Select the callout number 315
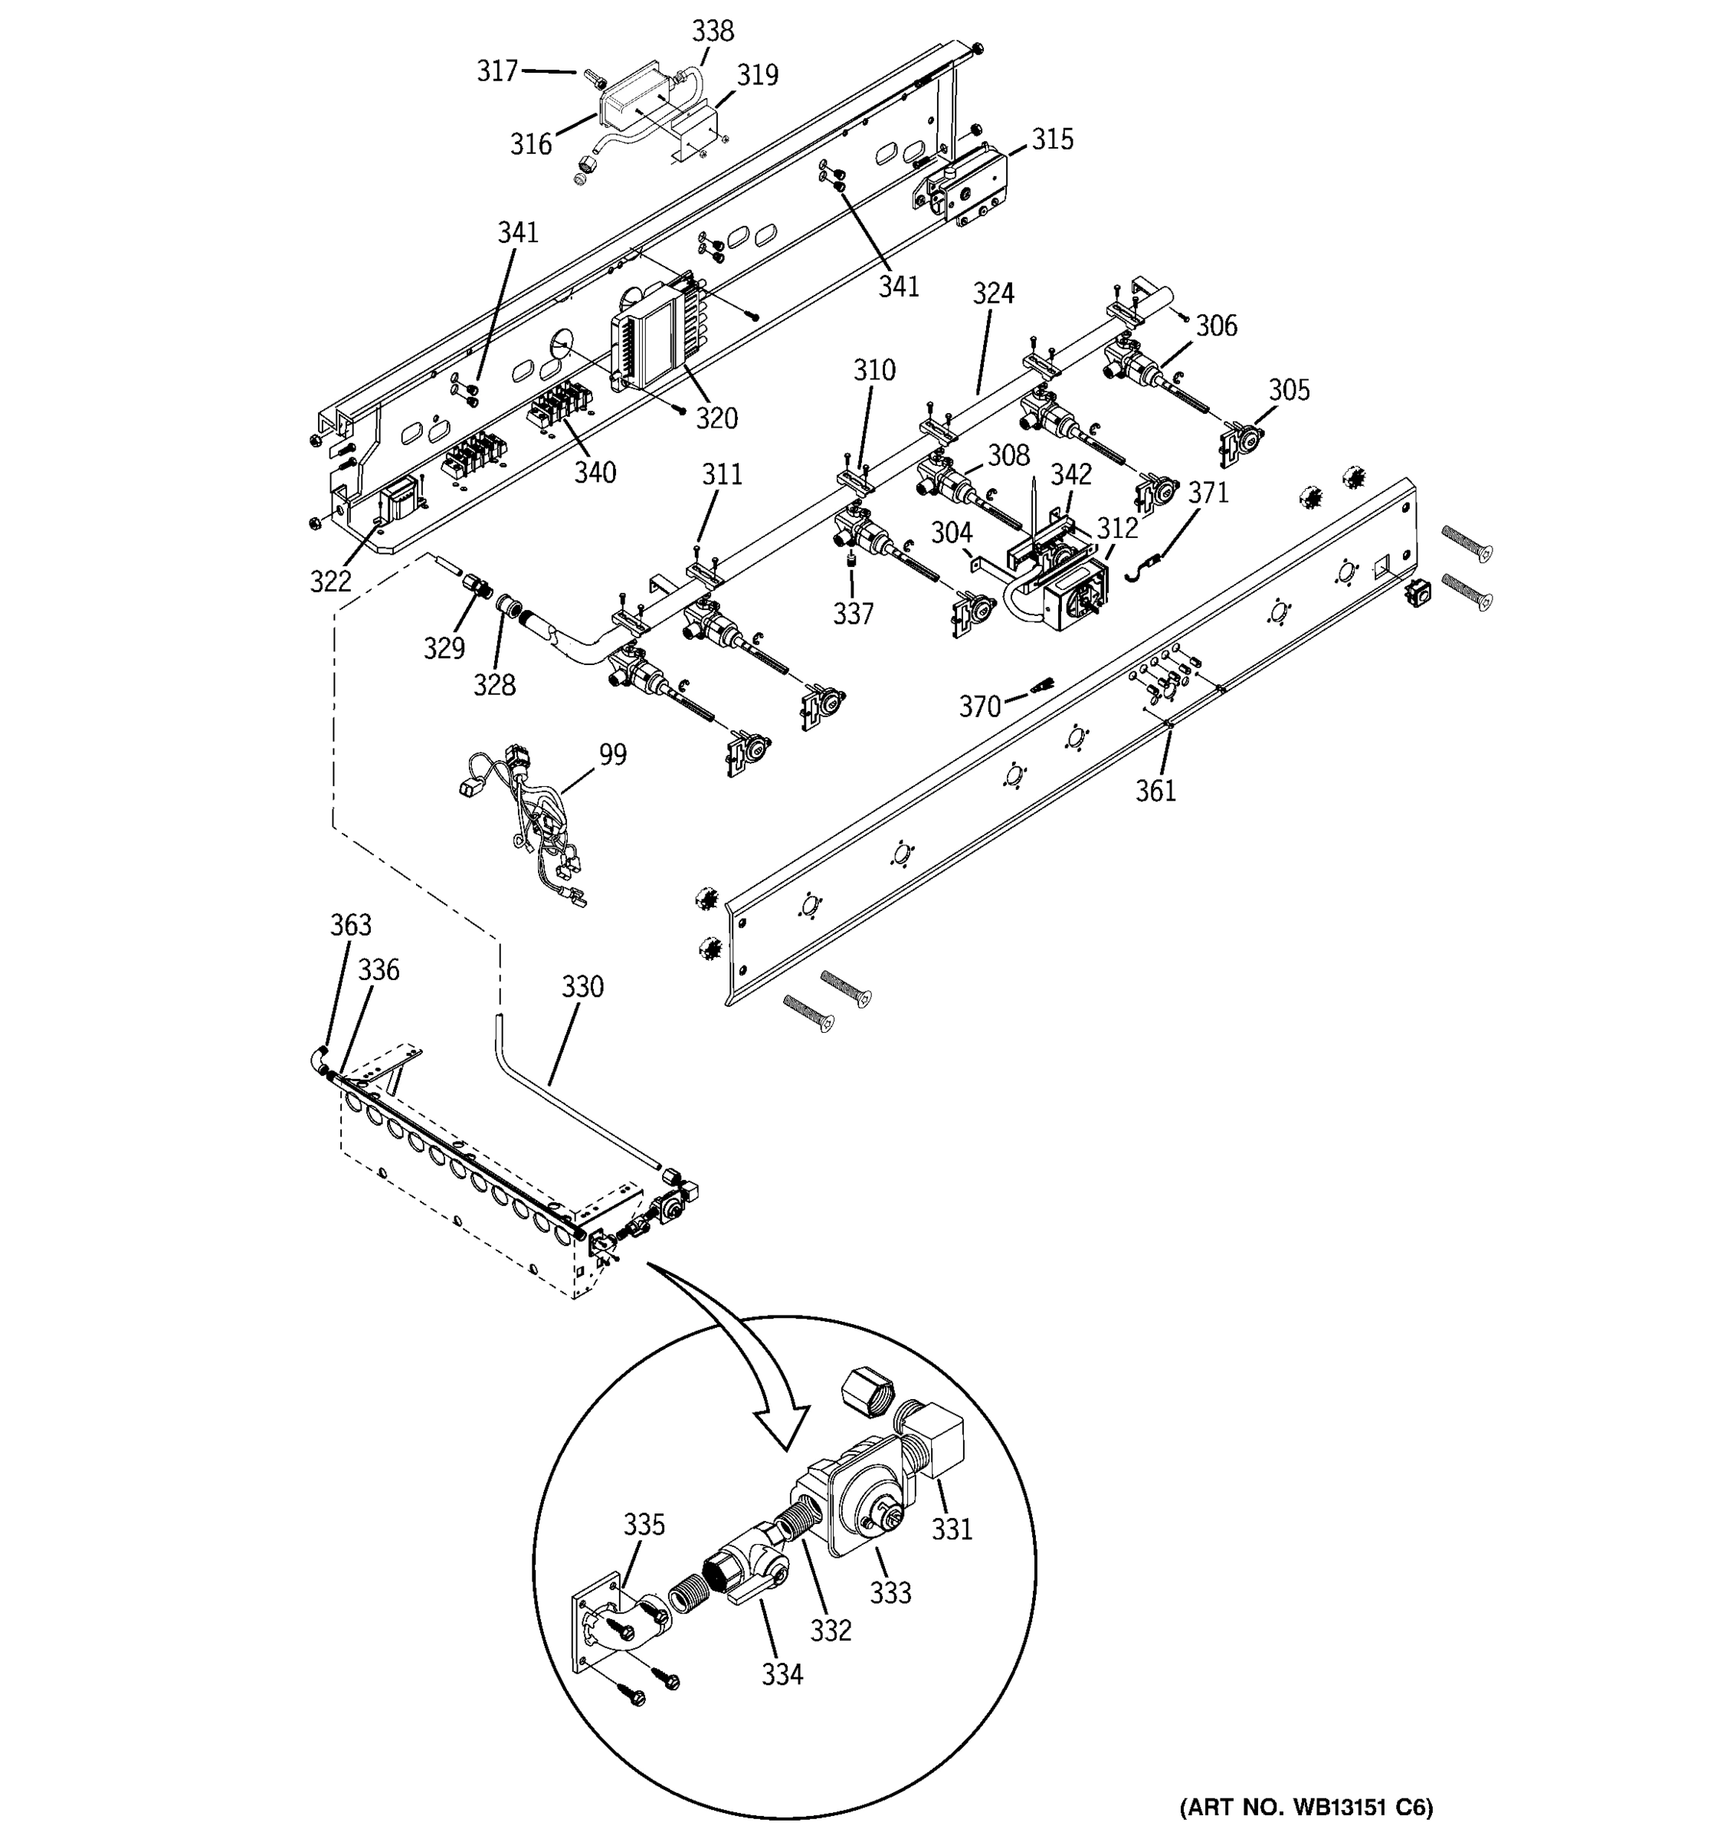point(1053,139)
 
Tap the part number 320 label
point(716,418)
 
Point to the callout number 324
point(992,293)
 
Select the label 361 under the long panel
point(1155,791)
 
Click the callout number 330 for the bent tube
point(582,987)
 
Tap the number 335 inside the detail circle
point(644,1523)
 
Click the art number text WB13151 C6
point(1305,1806)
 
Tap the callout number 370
point(979,706)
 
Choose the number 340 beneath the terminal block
point(595,473)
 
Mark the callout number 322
point(330,581)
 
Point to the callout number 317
point(497,71)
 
